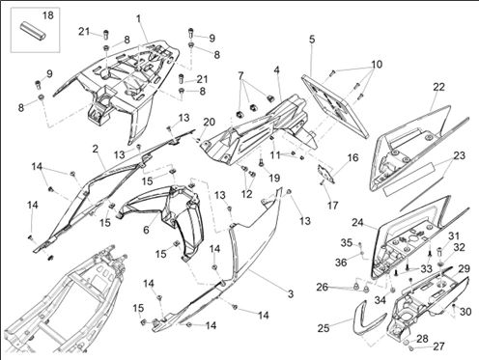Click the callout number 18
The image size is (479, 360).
pos(48,15)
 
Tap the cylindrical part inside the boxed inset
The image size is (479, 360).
pos(34,29)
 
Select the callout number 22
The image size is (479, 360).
pos(438,87)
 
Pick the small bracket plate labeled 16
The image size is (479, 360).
pos(325,174)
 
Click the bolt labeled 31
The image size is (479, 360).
pos(439,251)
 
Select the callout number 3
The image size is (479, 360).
pos(291,293)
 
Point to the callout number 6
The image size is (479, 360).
pos(146,230)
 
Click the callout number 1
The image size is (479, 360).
pos(139,18)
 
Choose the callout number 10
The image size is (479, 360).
pos(377,65)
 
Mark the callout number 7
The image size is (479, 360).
pos(240,76)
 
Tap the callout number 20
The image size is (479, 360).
pos(209,122)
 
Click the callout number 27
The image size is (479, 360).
pos(438,346)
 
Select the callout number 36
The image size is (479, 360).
pos(341,263)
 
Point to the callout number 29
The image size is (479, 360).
pos(464,268)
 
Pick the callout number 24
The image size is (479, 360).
pos(357,222)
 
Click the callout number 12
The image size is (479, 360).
pos(247,194)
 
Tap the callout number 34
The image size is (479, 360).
pos(380,300)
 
